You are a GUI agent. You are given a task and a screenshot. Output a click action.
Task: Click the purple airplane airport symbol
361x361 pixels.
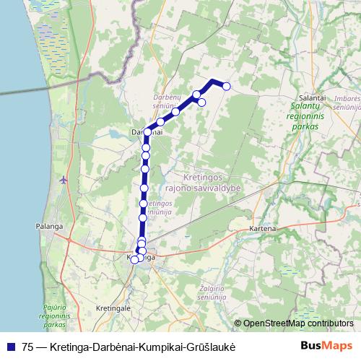pos(65,179)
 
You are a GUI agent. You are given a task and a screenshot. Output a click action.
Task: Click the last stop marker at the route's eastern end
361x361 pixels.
pos(226,87)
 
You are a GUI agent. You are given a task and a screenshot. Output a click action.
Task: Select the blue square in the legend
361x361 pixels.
pos(10,347)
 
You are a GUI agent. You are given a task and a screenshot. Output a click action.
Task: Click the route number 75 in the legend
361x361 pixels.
pos(27,347)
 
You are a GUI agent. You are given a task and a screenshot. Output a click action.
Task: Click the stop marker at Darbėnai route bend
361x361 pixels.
pos(147,132)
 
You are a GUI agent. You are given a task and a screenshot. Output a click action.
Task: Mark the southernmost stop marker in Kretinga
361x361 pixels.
pos(134,259)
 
